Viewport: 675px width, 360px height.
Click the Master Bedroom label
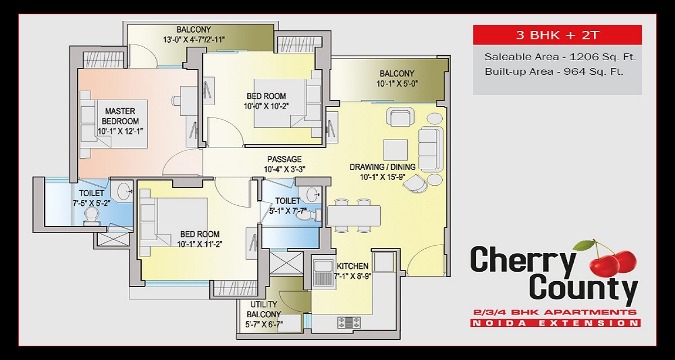(x=120, y=116)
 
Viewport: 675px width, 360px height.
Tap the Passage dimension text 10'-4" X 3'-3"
(x=285, y=169)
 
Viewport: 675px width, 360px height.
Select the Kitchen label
(x=352, y=266)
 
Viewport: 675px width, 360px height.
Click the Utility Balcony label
(x=264, y=309)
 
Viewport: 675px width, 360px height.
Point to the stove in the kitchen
(x=349, y=322)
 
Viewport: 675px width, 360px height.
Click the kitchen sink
(x=322, y=273)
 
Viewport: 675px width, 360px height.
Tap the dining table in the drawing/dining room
(x=354, y=215)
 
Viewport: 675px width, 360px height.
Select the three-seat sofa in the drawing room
(x=430, y=150)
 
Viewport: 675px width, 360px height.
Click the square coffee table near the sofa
(x=395, y=150)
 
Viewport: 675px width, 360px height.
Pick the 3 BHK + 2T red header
(x=557, y=35)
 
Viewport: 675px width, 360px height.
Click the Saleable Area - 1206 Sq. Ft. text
(x=560, y=57)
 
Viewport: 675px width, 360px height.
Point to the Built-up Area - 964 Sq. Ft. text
(x=554, y=71)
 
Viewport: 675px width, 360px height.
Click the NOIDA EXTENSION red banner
(x=555, y=323)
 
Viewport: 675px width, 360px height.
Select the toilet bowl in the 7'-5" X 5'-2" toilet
(x=91, y=217)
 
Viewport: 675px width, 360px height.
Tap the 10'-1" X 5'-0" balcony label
(x=397, y=79)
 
